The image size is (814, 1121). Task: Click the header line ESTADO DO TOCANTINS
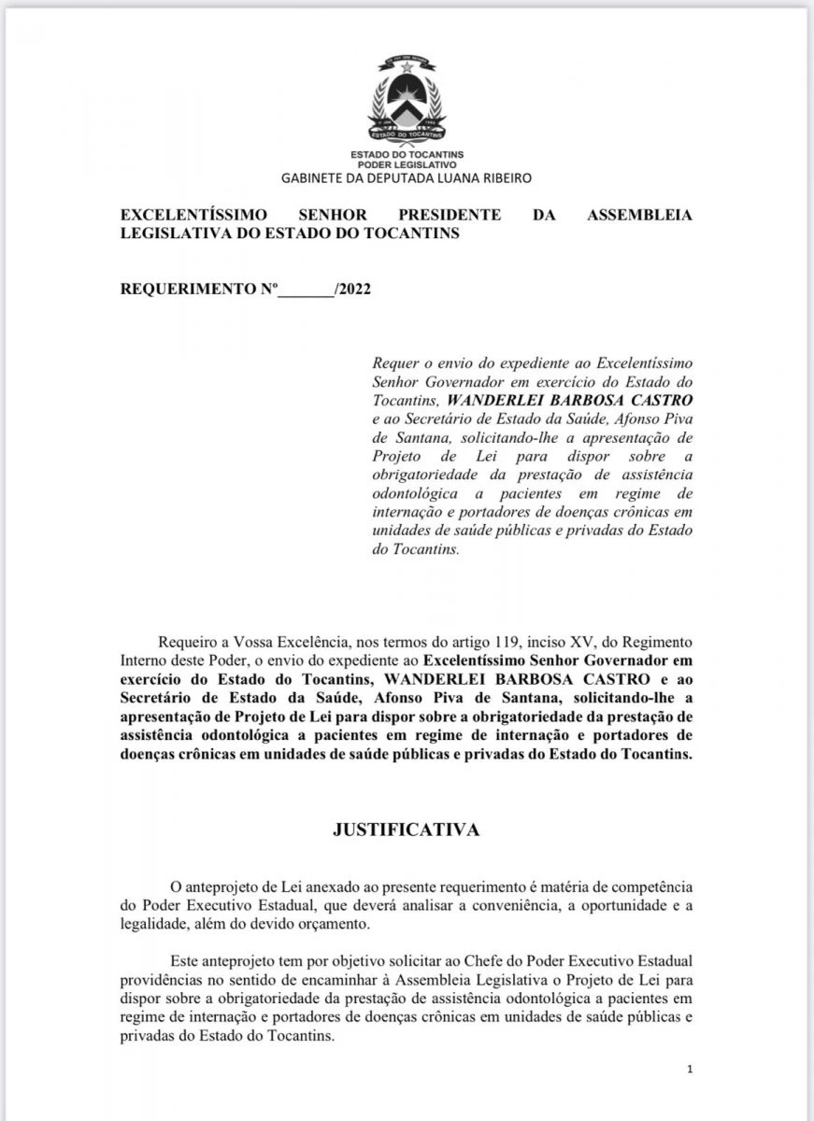(x=407, y=153)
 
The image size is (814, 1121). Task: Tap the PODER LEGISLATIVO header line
(x=407, y=163)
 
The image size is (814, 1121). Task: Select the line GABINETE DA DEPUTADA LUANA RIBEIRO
(x=407, y=177)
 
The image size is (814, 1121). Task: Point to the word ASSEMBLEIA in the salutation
(x=639, y=216)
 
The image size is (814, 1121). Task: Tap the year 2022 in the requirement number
(x=355, y=289)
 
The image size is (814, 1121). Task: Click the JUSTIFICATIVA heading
(x=407, y=830)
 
